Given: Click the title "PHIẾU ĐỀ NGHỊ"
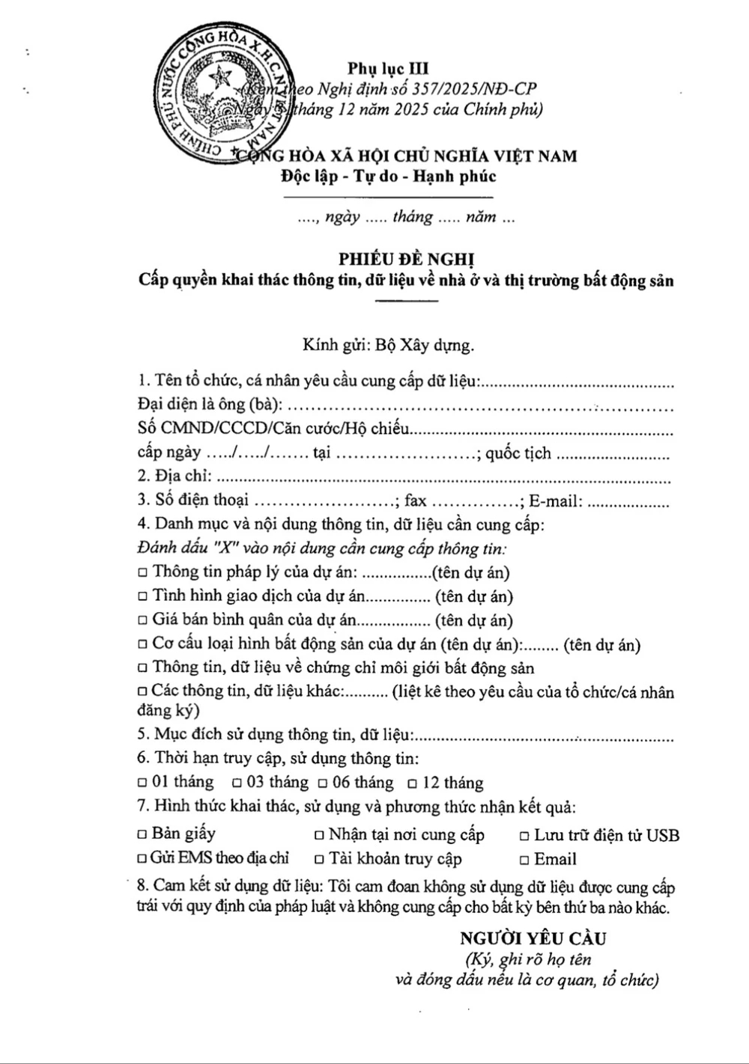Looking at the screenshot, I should coord(407,259).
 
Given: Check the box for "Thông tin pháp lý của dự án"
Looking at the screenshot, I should coord(143,573).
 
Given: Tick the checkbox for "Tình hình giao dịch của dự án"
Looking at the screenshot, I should coord(143,597).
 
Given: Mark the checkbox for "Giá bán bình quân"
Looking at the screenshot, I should coord(143,621).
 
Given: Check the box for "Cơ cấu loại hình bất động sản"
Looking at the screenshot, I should coord(143,645).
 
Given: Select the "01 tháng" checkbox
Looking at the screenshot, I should coord(143,783).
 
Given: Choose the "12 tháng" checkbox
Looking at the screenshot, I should coord(413,784).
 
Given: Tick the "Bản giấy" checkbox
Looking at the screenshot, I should coord(143,834).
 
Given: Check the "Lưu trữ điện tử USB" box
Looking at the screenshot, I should coord(525,836).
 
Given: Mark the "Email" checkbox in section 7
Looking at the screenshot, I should coord(525,860).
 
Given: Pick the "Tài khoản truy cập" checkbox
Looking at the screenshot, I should coord(319,860).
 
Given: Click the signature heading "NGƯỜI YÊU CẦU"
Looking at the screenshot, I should coord(533,938).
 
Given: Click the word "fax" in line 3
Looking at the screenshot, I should coord(416,501).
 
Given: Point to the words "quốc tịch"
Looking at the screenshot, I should coord(518,453).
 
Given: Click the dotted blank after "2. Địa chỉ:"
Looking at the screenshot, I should coord(442,478).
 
